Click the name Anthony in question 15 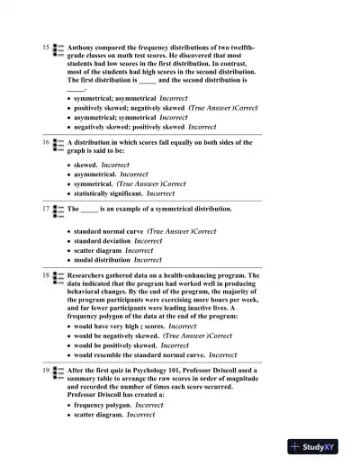click(83, 46)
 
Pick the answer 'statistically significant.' click(108, 193)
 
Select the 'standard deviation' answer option click(102, 241)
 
